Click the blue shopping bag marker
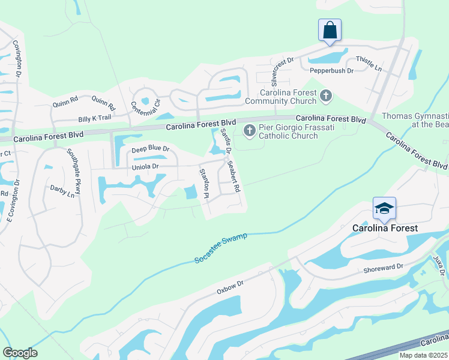(330, 29)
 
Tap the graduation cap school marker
(384, 208)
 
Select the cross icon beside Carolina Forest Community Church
(325, 95)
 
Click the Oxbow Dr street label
(231, 285)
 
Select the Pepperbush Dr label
(331, 71)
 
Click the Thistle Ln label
(369, 64)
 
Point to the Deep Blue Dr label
(151, 149)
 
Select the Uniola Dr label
(145, 167)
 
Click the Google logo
(20, 353)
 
